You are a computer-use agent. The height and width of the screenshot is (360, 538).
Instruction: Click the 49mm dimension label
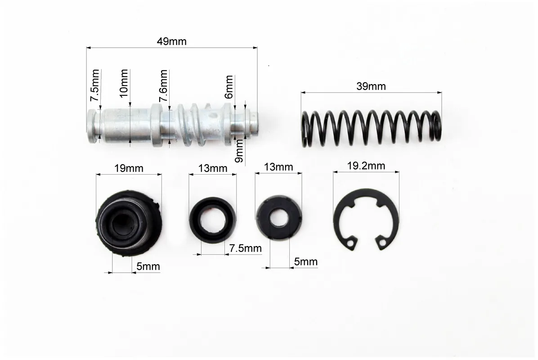pos(171,41)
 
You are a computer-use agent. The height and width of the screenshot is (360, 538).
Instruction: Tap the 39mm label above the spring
pos(371,86)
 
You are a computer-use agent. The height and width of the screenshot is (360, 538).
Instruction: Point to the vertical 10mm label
pos(124,83)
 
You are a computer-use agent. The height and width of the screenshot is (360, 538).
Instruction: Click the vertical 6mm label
pos(229,87)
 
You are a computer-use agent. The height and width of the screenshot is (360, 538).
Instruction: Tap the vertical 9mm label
pos(239,151)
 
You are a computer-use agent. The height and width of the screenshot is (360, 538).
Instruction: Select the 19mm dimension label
pos(129,168)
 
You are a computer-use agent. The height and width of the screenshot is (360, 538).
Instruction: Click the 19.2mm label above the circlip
pos(366,166)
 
